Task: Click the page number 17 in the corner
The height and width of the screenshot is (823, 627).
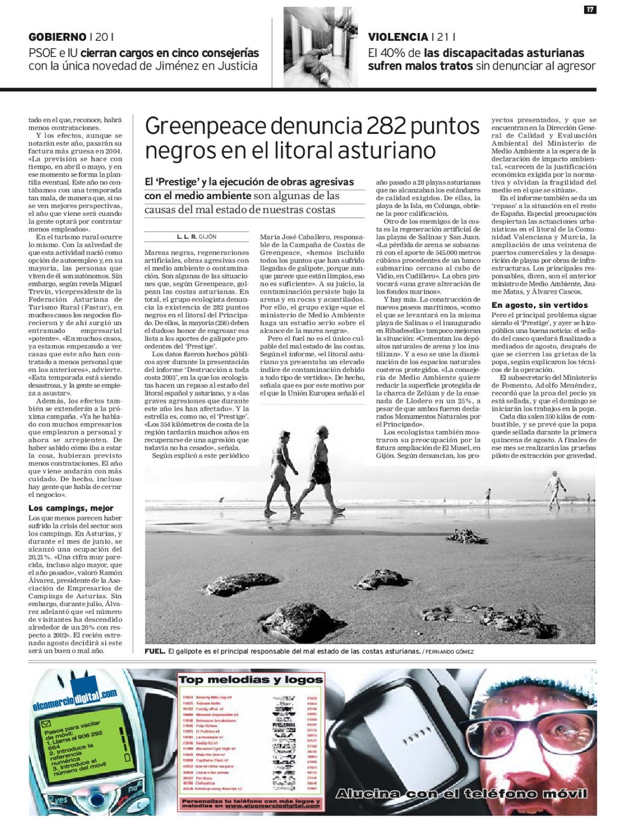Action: [589, 10]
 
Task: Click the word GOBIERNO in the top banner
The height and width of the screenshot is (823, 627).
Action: [57, 37]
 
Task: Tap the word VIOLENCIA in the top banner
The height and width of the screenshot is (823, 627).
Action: [398, 37]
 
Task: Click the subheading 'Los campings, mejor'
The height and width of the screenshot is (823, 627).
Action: [71, 508]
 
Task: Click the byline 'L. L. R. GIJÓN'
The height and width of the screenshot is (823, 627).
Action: [196, 237]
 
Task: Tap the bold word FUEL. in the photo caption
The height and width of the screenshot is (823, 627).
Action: [156, 652]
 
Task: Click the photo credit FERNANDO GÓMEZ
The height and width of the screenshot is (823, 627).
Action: [450, 652]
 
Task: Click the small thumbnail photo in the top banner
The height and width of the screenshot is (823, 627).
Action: [320, 48]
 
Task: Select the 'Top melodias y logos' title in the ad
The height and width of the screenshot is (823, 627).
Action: [251, 680]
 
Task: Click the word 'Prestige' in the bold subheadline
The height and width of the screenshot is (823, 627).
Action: [180, 182]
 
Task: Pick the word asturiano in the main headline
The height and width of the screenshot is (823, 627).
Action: [378, 150]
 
